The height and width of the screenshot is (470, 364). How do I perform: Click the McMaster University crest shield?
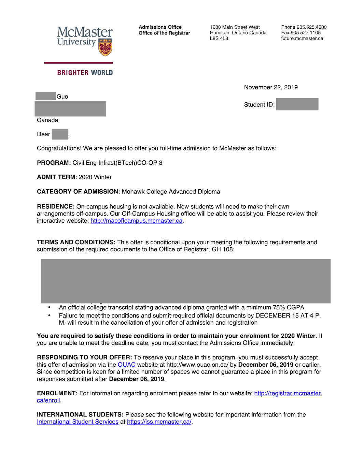click(105, 47)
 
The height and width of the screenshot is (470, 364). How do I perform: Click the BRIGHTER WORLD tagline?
click(85, 73)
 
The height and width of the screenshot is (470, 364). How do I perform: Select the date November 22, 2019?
click(271, 87)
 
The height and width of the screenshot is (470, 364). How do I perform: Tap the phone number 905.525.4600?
click(311, 27)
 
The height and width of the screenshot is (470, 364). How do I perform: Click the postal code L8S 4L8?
click(219, 39)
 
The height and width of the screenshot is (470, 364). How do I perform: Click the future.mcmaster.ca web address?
click(302, 39)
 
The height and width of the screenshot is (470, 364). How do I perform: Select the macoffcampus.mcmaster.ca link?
click(136, 221)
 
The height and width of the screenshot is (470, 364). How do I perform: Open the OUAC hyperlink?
click(126, 365)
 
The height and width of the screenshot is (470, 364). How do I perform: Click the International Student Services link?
click(78, 422)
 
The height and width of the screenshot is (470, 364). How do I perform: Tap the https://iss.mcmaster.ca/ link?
click(159, 422)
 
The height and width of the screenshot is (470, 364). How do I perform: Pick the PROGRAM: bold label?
click(54, 163)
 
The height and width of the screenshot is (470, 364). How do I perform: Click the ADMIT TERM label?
click(56, 177)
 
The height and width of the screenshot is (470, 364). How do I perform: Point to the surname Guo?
click(62, 97)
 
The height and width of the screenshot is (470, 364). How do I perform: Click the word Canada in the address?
click(47, 120)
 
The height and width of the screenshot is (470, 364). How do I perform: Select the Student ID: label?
click(259, 105)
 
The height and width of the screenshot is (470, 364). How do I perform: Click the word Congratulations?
click(59, 148)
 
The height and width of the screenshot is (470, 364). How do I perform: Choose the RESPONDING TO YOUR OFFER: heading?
click(84, 357)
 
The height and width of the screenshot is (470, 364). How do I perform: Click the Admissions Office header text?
click(160, 27)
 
